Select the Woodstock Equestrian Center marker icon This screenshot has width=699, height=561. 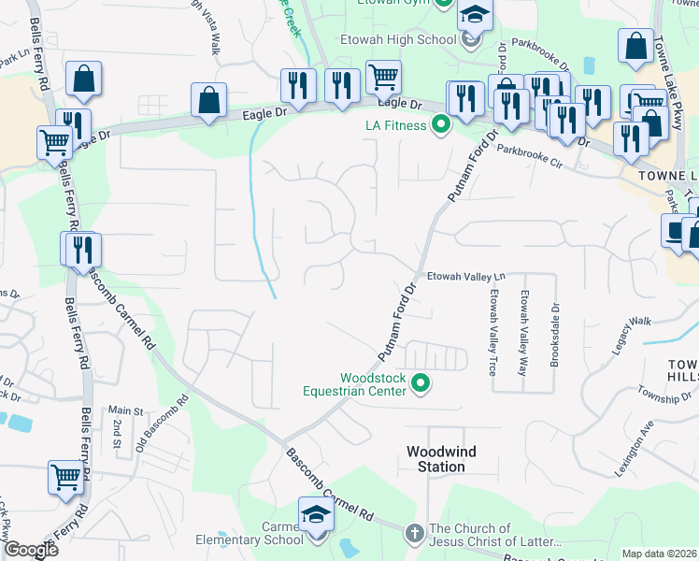(421, 382)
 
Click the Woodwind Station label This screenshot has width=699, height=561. (441, 459)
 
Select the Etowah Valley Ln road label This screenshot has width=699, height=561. (465, 276)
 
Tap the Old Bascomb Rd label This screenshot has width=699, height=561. (163, 416)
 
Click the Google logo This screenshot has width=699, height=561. (31, 550)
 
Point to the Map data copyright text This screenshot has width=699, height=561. (659, 554)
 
